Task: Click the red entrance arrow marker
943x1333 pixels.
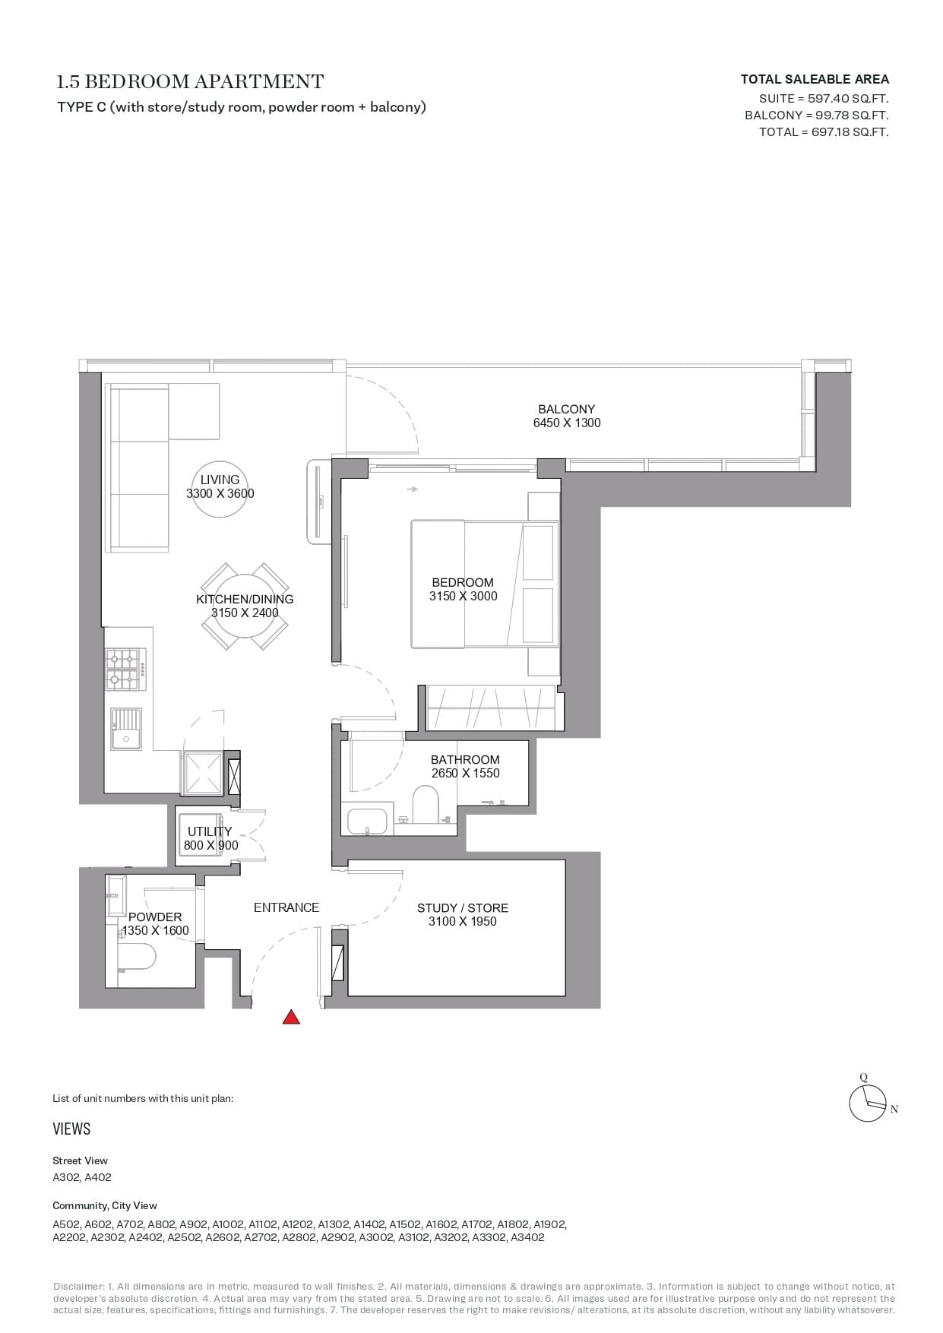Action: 291,1017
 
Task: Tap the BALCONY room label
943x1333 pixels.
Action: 567,409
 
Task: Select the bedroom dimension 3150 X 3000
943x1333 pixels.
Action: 463,596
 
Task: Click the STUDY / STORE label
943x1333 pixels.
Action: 463,907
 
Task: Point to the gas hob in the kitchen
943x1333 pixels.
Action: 125,669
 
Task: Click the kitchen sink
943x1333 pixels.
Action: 126,729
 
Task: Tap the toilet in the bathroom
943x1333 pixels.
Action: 426,804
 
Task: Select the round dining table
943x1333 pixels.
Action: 245,606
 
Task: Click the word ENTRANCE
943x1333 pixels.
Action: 286,907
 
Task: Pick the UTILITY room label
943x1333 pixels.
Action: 210,831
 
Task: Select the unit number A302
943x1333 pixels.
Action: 65,1177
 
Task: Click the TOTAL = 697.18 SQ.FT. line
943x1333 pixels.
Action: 824,131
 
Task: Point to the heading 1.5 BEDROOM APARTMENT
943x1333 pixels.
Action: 191,81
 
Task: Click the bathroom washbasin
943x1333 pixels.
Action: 367,821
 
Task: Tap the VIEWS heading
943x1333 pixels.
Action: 71,1129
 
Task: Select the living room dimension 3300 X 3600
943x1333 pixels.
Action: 220,493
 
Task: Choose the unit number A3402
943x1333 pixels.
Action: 527,1236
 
